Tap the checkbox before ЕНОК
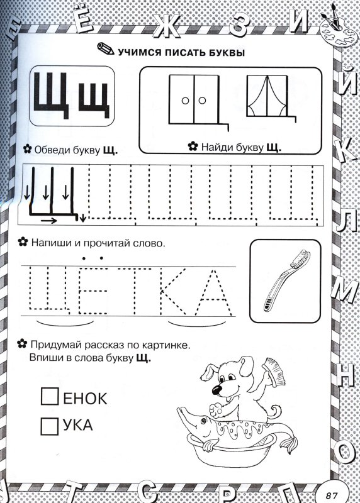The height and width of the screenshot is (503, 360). pyautogui.click(x=49, y=397)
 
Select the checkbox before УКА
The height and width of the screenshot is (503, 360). pyautogui.click(x=49, y=426)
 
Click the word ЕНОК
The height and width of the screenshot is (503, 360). pyautogui.click(x=85, y=397)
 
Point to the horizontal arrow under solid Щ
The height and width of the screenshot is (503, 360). pyautogui.click(x=45, y=221)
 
